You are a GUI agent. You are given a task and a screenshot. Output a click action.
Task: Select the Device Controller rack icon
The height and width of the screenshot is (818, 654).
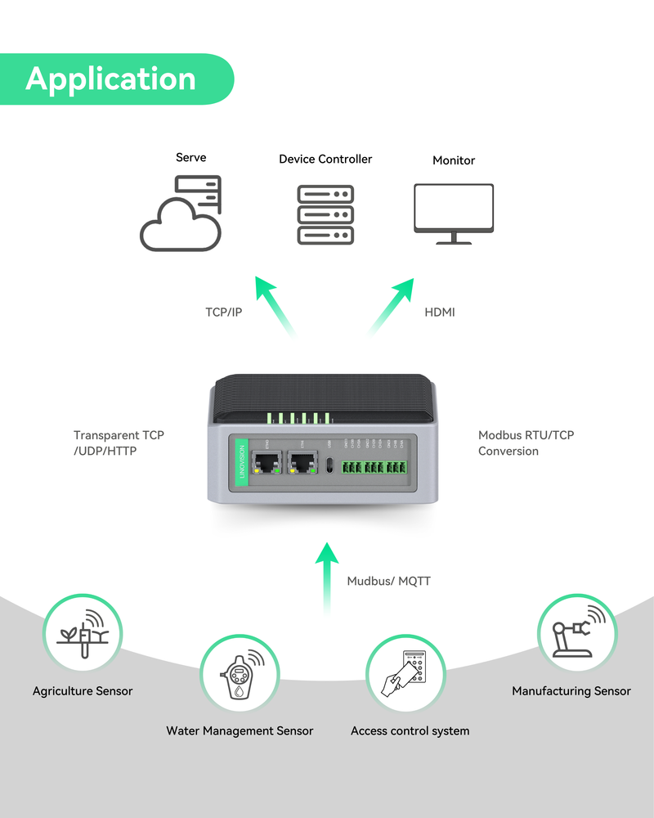tap(325, 214)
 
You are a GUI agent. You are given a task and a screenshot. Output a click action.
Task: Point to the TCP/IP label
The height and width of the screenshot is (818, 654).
tap(224, 312)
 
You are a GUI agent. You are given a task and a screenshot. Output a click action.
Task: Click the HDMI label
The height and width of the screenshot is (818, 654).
tap(440, 312)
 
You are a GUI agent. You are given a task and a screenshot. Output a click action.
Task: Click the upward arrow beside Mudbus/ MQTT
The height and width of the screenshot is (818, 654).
tap(327, 577)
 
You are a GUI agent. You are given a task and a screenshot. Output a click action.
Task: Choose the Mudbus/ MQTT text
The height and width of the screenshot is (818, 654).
tap(388, 581)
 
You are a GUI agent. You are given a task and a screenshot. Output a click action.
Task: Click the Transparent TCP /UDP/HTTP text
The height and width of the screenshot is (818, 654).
tap(119, 443)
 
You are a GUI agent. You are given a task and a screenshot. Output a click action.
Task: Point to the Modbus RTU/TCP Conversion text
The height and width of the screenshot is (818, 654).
tap(526, 443)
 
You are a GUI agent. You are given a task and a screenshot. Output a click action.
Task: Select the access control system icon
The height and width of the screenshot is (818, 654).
tap(405, 672)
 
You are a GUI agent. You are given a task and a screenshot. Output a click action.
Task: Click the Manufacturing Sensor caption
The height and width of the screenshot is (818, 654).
tap(571, 691)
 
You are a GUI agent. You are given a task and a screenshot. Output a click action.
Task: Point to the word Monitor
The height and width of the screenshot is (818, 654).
tap(454, 160)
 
